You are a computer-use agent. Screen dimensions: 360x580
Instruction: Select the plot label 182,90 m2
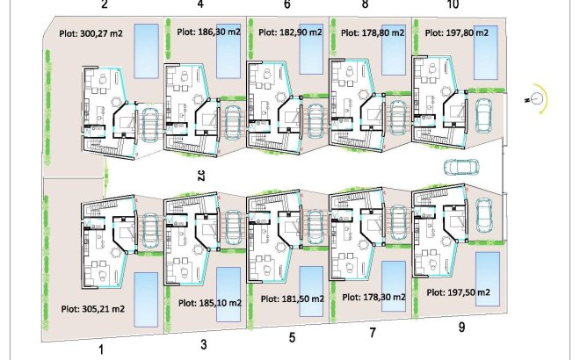coord(290,32)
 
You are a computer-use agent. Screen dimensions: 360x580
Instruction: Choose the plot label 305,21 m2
coord(93,309)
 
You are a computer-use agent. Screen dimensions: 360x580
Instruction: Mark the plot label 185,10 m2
coord(210,303)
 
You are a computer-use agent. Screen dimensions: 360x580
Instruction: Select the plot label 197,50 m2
coord(458,292)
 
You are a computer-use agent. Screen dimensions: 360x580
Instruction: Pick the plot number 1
coord(102,349)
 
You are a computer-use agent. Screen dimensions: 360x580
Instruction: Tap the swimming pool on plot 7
coord(394,286)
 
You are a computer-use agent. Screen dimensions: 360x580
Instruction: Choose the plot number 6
coord(287,4)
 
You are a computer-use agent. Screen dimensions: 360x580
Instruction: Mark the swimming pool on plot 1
coord(146,299)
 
